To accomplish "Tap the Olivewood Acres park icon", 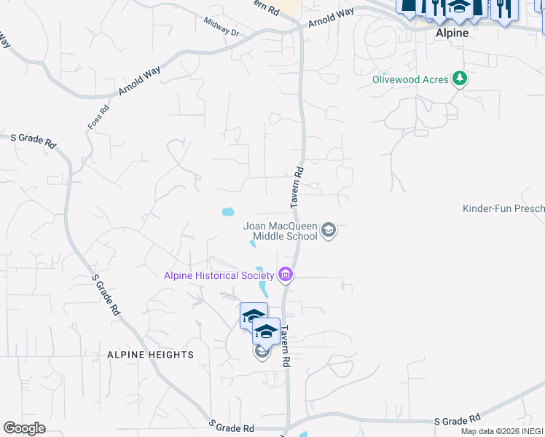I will coord(459,78).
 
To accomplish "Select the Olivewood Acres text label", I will coord(409,79).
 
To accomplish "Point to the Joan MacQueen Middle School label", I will coord(281,231).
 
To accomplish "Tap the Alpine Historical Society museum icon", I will coord(286,275).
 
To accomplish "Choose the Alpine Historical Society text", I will coord(219,275).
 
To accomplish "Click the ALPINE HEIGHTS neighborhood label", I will coord(150,355).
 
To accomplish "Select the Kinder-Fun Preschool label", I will coord(503,209).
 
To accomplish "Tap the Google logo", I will coord(24,428).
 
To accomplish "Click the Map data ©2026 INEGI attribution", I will coord(502,431).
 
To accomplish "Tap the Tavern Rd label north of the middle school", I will coord(297,187).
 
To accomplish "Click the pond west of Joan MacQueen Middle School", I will coord(228,213).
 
